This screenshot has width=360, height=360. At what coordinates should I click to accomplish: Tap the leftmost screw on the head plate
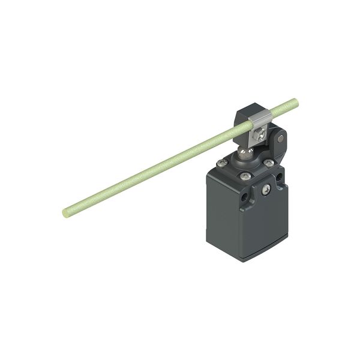point(223,163)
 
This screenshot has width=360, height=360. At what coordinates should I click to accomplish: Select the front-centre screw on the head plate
point(245,176)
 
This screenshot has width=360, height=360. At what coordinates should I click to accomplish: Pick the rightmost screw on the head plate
point(269,163)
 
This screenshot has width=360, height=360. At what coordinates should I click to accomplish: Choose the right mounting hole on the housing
point(279,178)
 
